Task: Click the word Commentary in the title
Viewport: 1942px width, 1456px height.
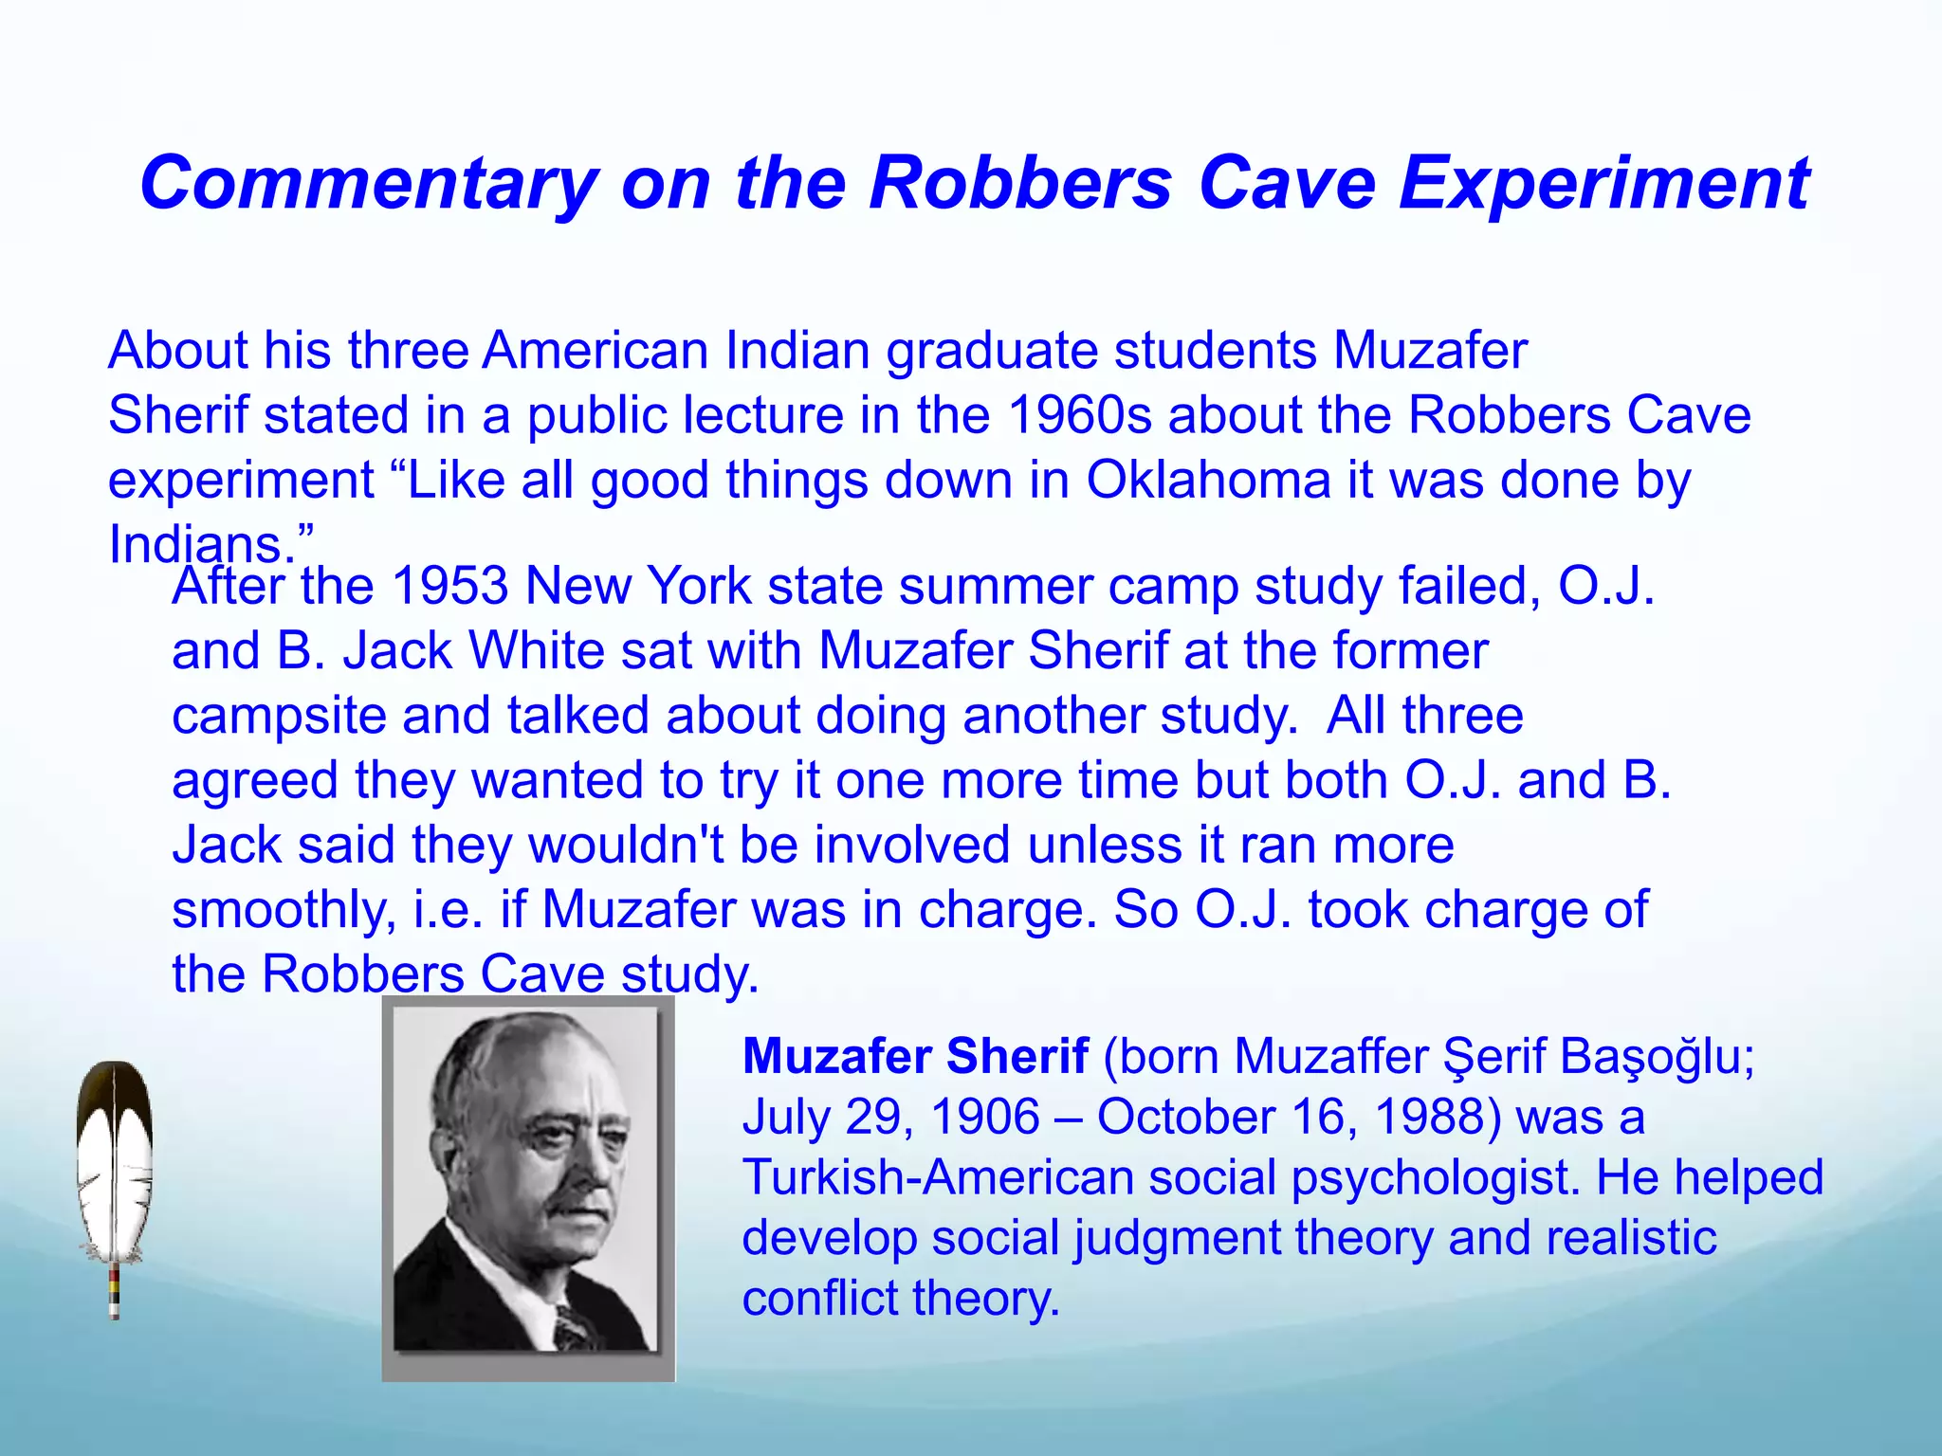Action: pos(368,185)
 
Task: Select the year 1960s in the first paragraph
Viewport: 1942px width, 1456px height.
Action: pos(1079,415)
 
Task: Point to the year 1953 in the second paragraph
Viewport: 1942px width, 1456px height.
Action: pos(450,586)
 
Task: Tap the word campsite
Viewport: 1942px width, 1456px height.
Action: pos(279,716)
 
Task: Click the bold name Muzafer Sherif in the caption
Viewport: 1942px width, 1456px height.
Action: pos(915,1056)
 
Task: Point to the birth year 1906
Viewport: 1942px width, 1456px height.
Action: pos(985,1117)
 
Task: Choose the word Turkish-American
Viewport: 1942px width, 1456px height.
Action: pos(938,1177)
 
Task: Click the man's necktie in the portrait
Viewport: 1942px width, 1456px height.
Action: pos(572,1326)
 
